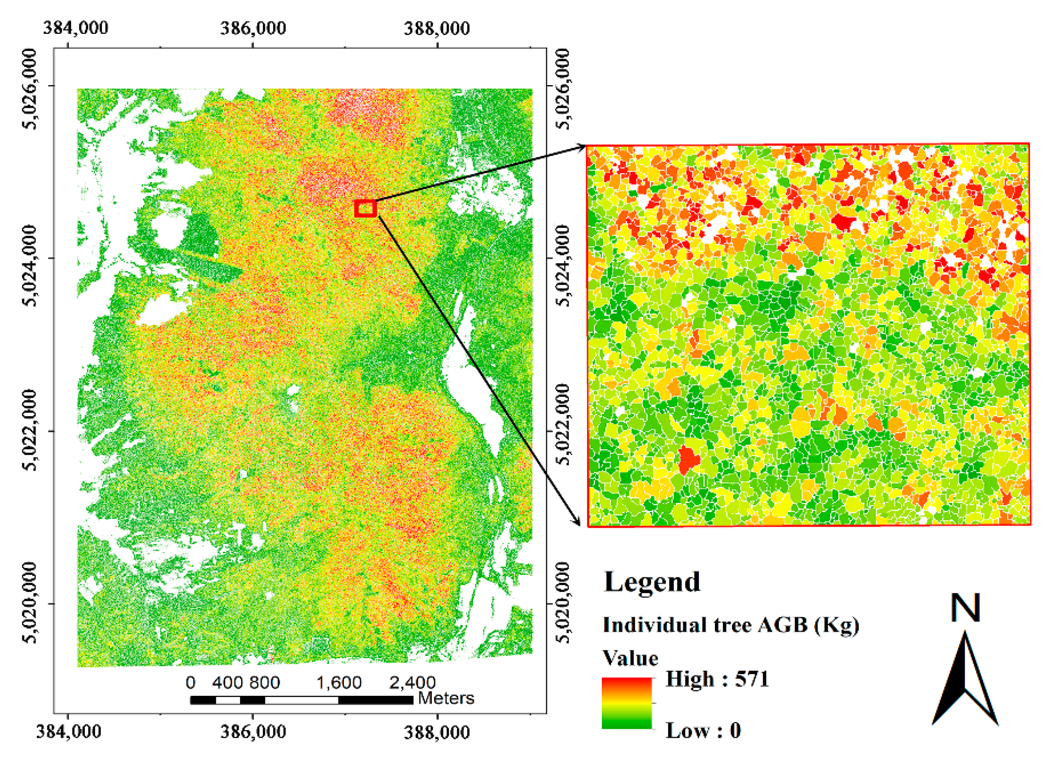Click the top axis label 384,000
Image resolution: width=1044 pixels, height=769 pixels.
pos(75,28)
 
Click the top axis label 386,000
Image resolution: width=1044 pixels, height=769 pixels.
pos(253,28)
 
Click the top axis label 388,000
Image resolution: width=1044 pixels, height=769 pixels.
pos(436,28)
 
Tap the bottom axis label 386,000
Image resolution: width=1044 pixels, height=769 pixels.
pos(253,731)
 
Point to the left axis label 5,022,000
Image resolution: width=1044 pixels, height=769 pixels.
pos(31,430)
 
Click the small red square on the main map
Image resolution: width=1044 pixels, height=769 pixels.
pos(365,208)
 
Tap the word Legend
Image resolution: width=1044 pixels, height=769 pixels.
pos(652,582)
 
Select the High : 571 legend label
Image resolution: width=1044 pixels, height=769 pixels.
pos(717,679)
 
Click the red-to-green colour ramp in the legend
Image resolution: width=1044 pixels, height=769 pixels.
pos(627,702)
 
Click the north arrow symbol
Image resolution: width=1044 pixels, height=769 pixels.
pos(964,684)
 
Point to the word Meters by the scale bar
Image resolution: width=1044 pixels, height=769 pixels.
pos(445,698)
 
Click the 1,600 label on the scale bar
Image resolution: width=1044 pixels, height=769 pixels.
pos(338,682)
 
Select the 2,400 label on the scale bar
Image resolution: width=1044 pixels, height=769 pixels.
pos(412,682)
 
